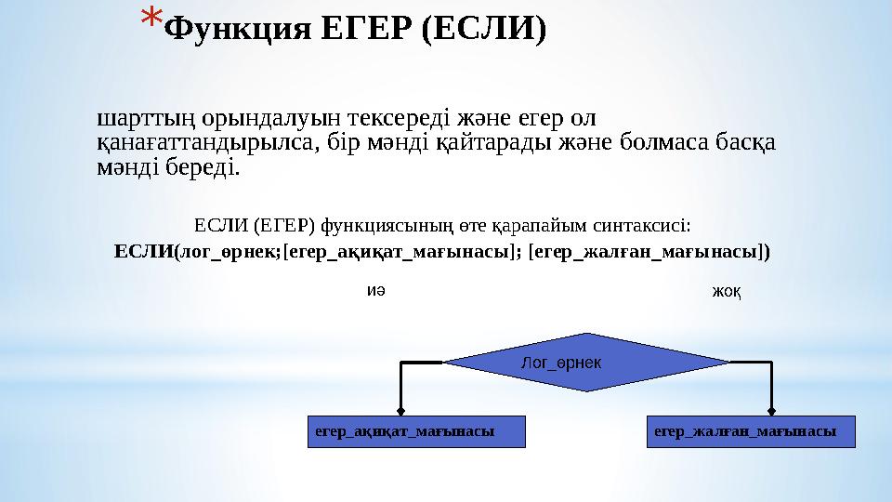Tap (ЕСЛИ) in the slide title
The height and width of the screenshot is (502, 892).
tap(483, 30)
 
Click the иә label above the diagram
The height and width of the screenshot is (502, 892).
tap(375, 289)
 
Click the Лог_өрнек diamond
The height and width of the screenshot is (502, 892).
tap(586, 362)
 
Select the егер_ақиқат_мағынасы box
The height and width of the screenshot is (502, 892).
tap(416, 431)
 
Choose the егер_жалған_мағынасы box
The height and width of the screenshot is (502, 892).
tap(750, 431)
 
